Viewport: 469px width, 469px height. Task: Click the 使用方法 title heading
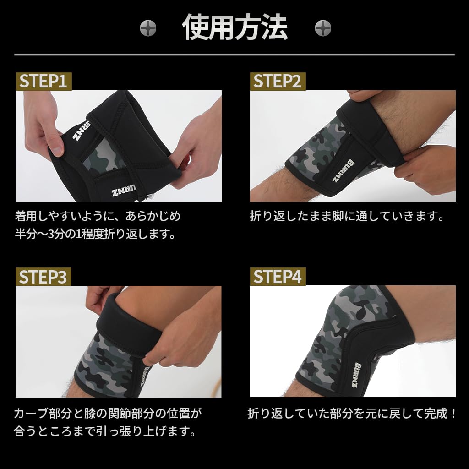click(x=235, y=27)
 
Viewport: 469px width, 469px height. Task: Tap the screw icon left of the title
click(x=148, y=28)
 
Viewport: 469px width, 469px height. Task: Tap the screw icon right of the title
click(x=323, y=28)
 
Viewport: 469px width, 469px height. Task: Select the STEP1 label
click(x=44, y=82)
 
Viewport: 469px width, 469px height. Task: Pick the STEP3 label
click(x=43, y=277)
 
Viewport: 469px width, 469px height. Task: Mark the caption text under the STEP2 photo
click(x=347, y=216)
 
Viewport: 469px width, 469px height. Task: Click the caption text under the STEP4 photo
click(x=352, y=414)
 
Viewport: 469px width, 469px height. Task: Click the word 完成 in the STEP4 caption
click(x=436, y=414)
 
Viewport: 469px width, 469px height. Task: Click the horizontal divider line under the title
click(x=234, y=55)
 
